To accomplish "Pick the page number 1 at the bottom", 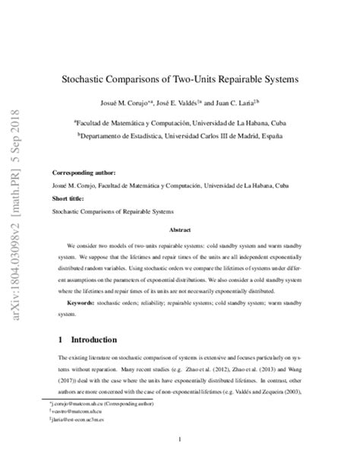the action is point(180,440).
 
